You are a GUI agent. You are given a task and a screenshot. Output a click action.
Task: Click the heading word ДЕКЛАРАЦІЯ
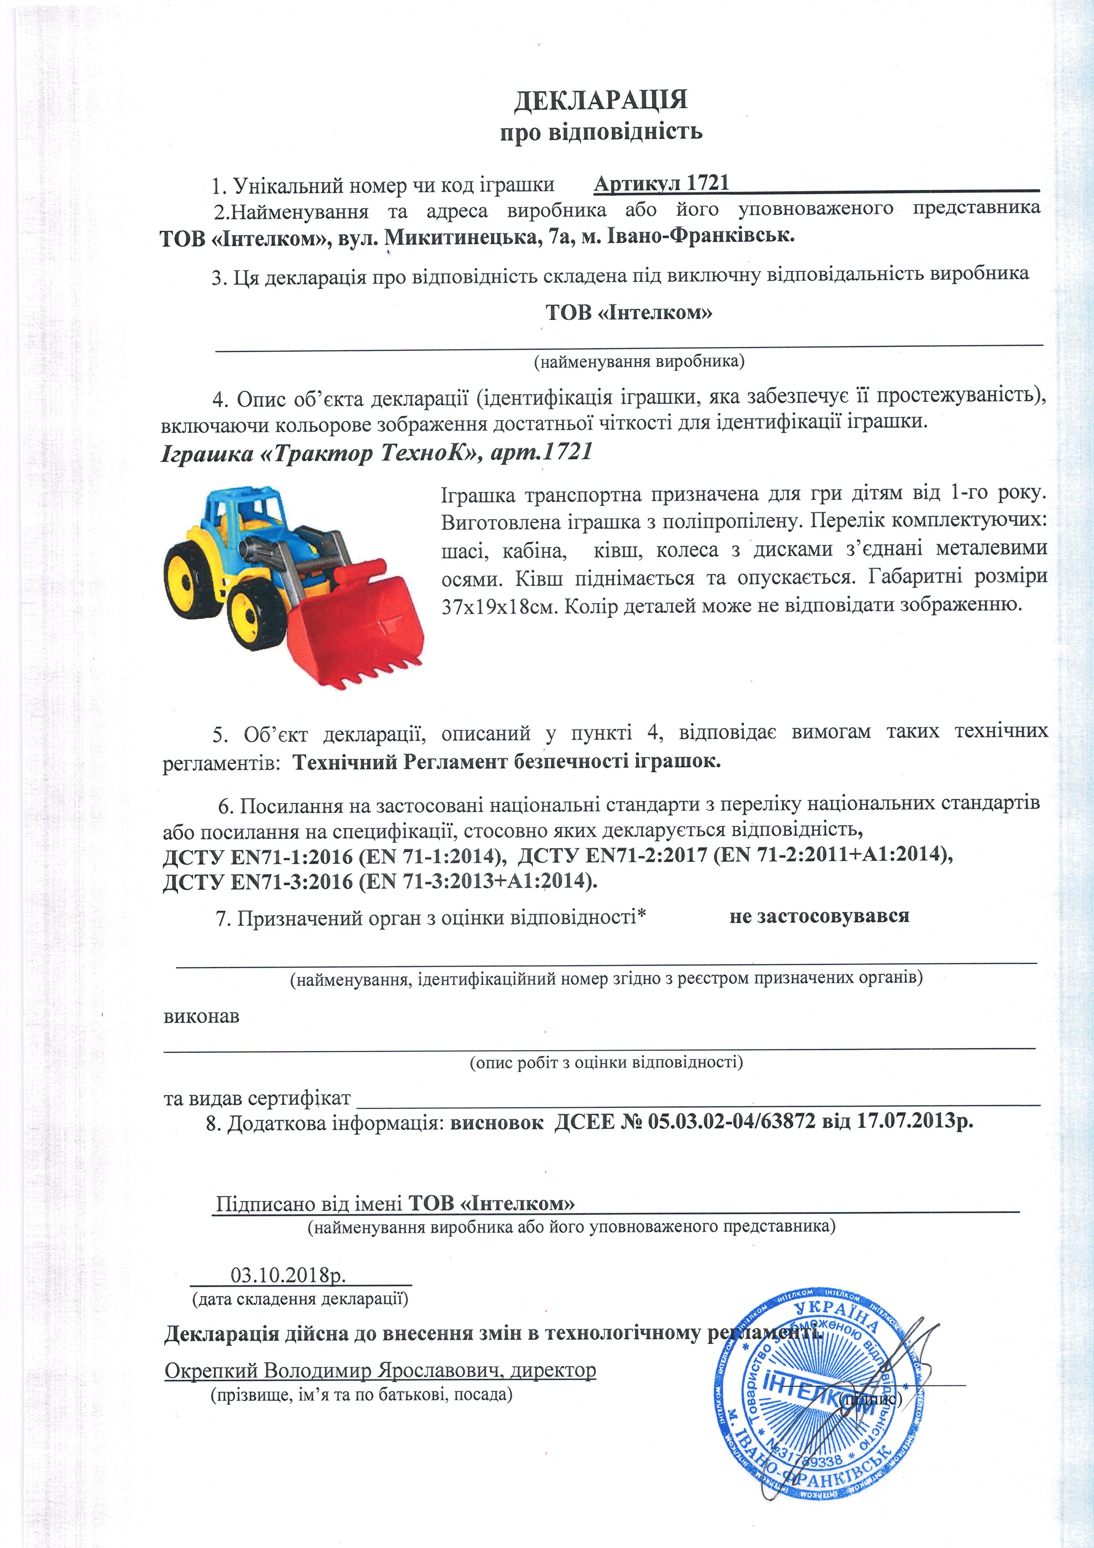coord(600,100)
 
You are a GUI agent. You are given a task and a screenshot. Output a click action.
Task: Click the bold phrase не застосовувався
coord(819,916)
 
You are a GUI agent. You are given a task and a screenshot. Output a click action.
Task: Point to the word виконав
coord(201,1016)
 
